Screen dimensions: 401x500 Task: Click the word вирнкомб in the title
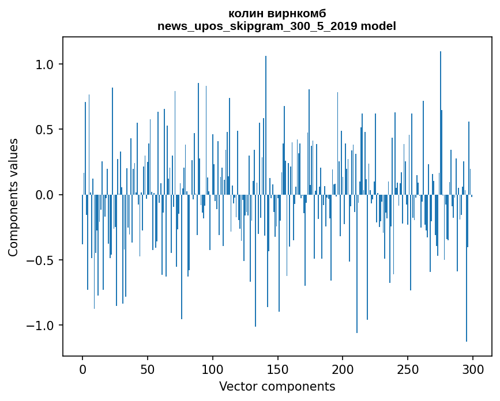(x=293, y=13)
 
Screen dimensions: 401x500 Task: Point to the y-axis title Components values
(x=13, y=197)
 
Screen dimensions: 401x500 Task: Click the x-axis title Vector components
(x=277, y=386)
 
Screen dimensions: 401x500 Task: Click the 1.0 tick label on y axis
(x=44, y=65)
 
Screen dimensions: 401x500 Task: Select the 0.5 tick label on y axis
(x=44, y=130)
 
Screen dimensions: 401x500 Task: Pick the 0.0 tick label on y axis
(x=44, y=195)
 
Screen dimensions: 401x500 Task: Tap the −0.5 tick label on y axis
(x=39, y=260)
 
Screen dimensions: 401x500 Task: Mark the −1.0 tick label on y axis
(x=39, y=326)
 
